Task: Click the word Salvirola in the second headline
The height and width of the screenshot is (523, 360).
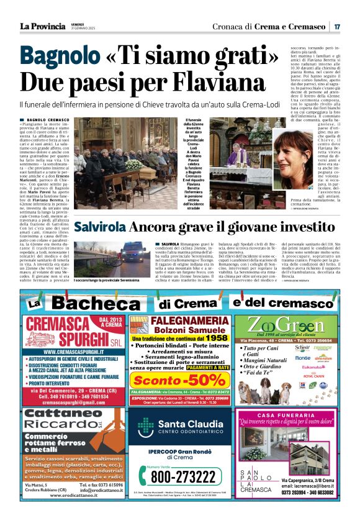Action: (x=100, y=227)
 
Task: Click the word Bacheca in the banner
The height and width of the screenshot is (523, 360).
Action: (x=95, y=303)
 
